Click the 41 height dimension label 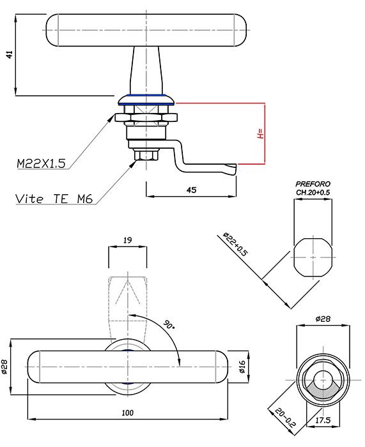[10, 54]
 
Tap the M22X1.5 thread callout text [41, 163]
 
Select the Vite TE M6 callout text [54, 199]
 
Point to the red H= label [260, 133]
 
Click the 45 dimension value [191, 190]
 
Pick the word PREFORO [313, 184]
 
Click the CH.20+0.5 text [313, 192]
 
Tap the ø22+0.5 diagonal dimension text [235, 245]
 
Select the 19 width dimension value [128, 240]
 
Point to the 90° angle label [169, 324]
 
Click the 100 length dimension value [127, 413]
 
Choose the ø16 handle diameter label [242, 367]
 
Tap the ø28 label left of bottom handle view [5, 367]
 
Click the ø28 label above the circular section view [323, 319]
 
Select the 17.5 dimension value [323, 420]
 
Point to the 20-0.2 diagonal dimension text [285, 418]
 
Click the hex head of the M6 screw [146, 155]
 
